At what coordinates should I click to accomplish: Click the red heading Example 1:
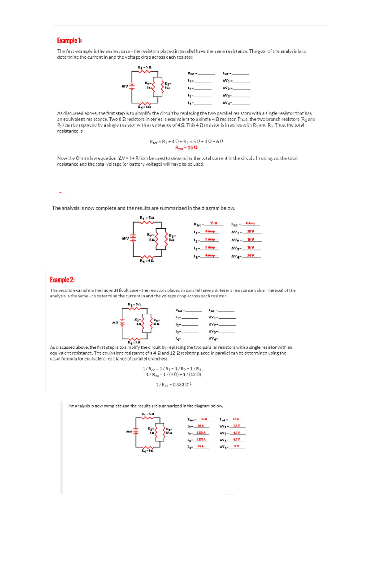pyautogui.click(x=69, y=41)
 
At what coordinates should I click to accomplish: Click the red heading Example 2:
pyautogui.click(x=62, y=280)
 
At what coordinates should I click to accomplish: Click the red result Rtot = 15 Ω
pyautogui.click(x=186, y=147)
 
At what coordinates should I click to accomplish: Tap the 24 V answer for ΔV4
pyautogui.click(x=251, y=255)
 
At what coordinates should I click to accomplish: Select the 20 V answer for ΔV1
pyautogui.click(x=251, y=232)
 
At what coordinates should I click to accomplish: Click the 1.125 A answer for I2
pyautogui.click(x=201, y=433)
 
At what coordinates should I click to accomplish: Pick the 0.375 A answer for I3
pyautogui.click(x=201, y=440)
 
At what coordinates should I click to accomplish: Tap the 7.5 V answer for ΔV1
pyautogui.click(x=237, y=426)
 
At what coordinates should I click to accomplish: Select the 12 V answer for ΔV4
pyautogui.click(x=236, y=446)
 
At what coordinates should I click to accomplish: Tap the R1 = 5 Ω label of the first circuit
pyautogui.click(x=144, y=67)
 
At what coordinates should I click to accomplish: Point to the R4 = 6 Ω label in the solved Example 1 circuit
pyautogui.click(x=147, y=261)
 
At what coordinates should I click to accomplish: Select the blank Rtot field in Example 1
pyautogui.click(x=206, y=74)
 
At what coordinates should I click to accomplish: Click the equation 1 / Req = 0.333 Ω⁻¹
pyautogui.click(x=173, y=385)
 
